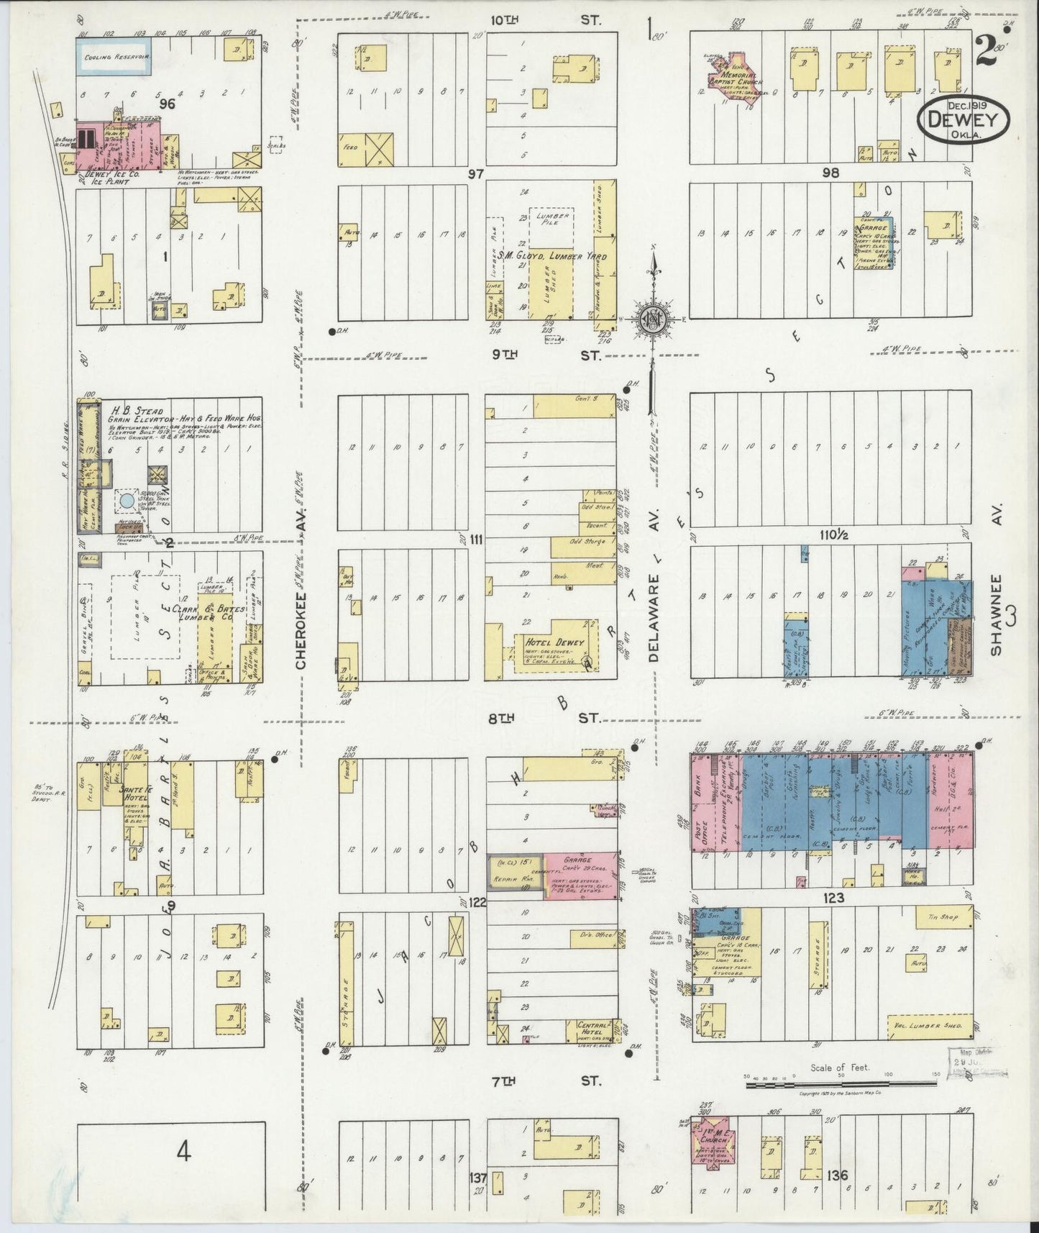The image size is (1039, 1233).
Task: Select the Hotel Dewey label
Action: pos(552,642)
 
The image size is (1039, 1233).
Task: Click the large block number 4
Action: pos(184,1153)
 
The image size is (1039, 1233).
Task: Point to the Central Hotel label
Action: pos(593,1031)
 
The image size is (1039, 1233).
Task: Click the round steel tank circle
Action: pos(126,499)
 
